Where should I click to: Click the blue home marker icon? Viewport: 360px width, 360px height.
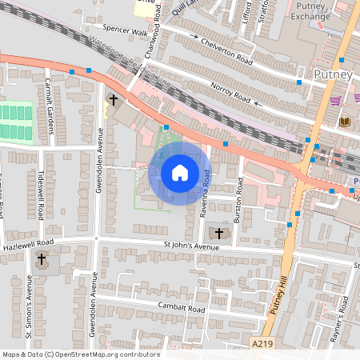pos(180,173)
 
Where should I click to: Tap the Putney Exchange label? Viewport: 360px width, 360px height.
pos(310,10)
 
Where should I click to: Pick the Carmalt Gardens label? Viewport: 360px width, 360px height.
pos(48,102)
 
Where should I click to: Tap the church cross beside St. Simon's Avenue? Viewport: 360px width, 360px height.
pos(42,259)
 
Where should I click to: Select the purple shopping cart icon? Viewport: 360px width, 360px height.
pos(334,102)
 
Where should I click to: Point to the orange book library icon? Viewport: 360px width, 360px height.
pos(345,121)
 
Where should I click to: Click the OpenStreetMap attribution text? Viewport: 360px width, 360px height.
pos(80,354)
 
